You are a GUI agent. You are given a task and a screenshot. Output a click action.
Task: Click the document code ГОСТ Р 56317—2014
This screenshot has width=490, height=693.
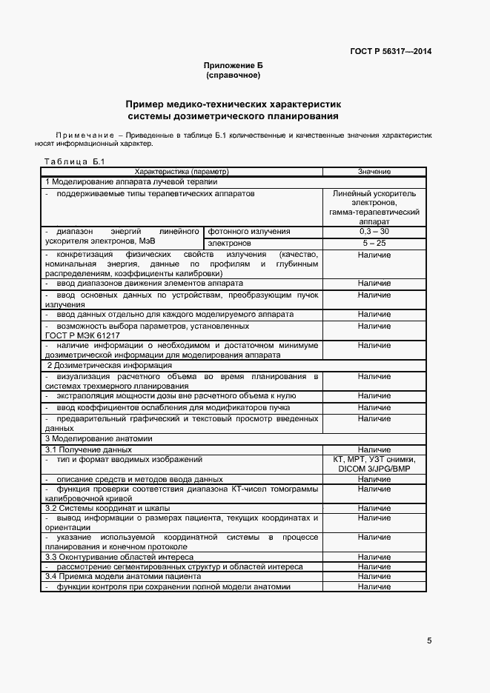pos(390,51)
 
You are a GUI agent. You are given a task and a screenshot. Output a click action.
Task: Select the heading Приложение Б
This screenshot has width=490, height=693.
pos(234,66)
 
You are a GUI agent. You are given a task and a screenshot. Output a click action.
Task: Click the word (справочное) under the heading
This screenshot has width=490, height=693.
pos(234,76)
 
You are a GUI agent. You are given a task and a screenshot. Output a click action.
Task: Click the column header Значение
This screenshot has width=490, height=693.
pos(374,171)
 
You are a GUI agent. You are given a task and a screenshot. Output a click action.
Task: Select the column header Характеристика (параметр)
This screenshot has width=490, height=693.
pos(182,171)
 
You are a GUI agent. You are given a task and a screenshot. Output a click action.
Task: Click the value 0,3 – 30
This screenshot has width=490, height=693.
pos(374,232)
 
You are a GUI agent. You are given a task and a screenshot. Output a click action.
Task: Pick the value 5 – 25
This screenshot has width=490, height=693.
pos(374,243)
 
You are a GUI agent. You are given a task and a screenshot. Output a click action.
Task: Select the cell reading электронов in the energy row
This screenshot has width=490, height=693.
pos(229,243)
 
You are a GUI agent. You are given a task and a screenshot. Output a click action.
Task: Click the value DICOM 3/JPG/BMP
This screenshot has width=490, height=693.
pos(374,469)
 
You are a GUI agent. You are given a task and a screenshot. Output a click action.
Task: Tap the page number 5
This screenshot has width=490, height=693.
pos(429,640)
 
